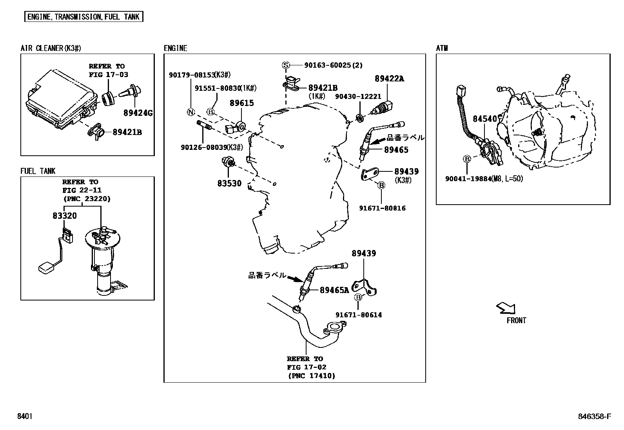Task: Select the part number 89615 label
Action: coord(241,103)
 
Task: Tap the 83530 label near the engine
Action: coord(229,183)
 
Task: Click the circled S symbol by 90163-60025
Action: coord(286,65)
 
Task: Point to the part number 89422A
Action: coord(389,79)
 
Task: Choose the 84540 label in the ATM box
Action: coord(484,119)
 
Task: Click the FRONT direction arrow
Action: coord(506,308)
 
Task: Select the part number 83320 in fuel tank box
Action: coord(65,216)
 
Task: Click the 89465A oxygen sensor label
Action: coord(334,290)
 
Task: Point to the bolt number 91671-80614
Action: coord(359,315)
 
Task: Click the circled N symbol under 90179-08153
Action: coord(190,112)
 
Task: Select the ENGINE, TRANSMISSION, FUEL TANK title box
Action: coord(83,17)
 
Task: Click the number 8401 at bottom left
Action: coord(24,416)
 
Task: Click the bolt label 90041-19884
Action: coord(468,179)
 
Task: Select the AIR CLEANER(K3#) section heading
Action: coord(51,48)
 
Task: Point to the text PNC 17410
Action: coord(311,376)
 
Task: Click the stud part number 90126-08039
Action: coord(203,147)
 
